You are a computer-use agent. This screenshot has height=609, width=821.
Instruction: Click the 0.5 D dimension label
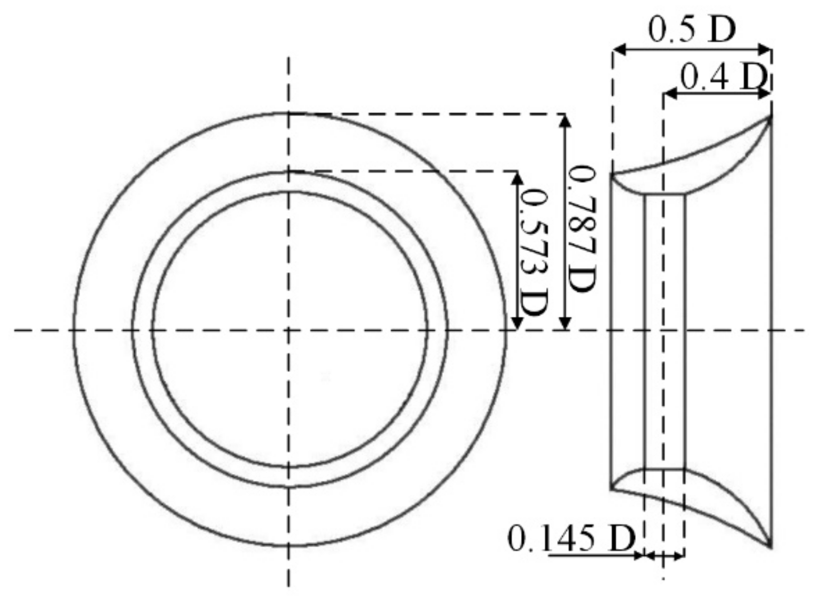692,30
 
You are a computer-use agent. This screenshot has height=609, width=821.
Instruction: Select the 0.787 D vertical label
582,228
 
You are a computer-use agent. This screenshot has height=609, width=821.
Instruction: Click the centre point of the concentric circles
289,330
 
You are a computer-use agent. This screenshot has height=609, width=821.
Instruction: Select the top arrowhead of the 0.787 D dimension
566,119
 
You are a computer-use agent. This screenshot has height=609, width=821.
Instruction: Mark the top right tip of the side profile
770,116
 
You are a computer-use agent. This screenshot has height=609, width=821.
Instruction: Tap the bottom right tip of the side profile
770,546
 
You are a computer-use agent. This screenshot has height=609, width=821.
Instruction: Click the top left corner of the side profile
612,174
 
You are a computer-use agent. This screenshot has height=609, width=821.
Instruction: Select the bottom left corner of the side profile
612,489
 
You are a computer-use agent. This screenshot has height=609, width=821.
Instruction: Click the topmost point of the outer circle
289,113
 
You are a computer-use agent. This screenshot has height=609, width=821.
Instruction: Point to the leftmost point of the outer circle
74,330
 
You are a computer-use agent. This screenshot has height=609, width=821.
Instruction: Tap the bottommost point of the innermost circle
289,467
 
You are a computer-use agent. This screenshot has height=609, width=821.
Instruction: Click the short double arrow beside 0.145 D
664,555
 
